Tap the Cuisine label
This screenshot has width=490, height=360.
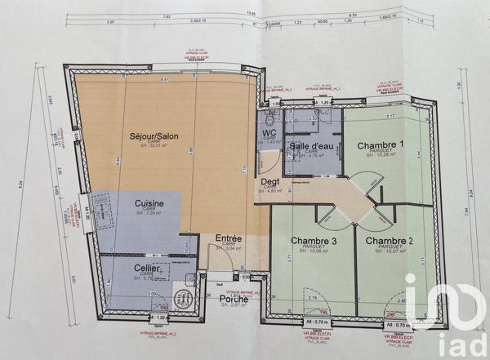click(x=149, y=203)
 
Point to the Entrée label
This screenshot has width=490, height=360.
click(x=228, y=238)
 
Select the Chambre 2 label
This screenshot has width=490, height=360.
click(x=389, y=241)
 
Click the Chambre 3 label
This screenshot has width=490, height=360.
click(x=314, y=241)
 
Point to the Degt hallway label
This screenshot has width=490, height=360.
click(x=269, y=182)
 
